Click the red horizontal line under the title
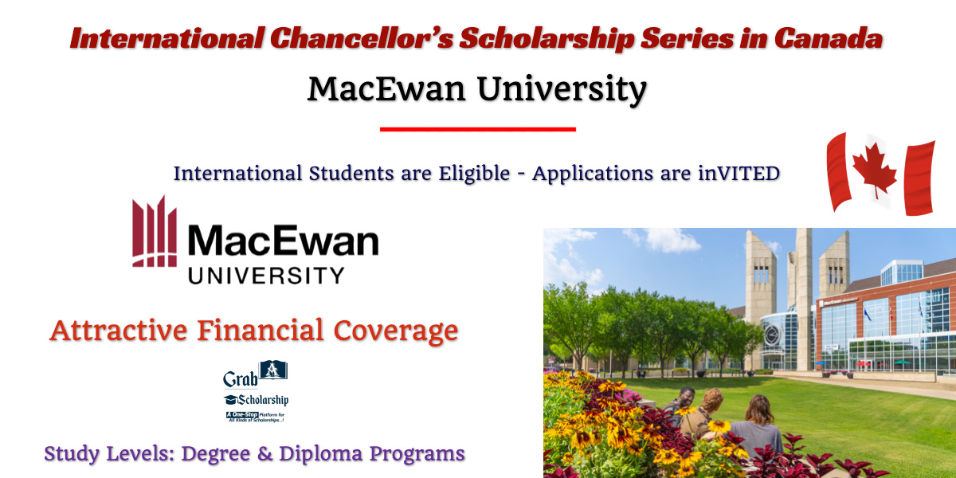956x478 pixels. click(x=477, y=128)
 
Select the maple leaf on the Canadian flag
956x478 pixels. click(x=874, y=170)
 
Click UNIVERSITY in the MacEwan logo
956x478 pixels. click(x=266, y=276)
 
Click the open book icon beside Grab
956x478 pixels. click(x=273, y=370)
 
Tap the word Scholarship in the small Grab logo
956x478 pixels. click(x=264, y=400)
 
